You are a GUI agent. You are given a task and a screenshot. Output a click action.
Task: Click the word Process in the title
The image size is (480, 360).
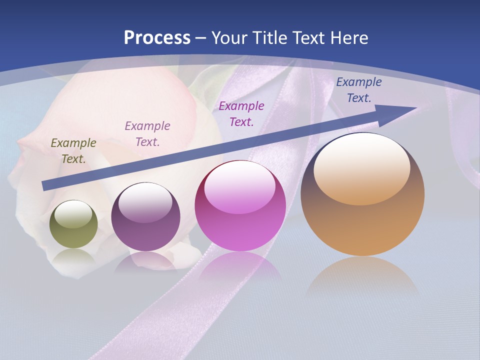pyautogui.click(x=157, y=38)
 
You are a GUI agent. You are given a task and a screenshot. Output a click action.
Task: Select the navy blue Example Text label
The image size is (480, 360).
pyautogui.click(x=358, y=90)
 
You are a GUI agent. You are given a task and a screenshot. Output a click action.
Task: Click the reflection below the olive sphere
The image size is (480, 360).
pyautogui.click(x=73, y=258)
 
